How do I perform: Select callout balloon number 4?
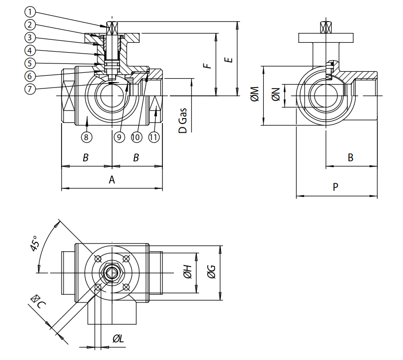(x=31, y=50)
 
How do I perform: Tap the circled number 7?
(x=31, y=89)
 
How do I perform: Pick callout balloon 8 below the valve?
(x=86, y=137)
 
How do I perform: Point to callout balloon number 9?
(x=119, y=137)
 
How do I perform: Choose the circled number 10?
(x=136, y=137)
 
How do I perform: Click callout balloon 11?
(x=154, y=137)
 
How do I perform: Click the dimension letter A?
(x=112, y=180)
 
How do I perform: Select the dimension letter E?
(x=228, y=60)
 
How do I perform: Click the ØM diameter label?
(x=254, y=95)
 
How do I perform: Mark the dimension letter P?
(x=336, y=187)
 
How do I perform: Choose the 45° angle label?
(x=35, y=244)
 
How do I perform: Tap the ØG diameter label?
(x=211, y=272)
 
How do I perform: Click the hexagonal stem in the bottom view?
(x=112, y=272)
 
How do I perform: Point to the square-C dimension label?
(x=38, y=301)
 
